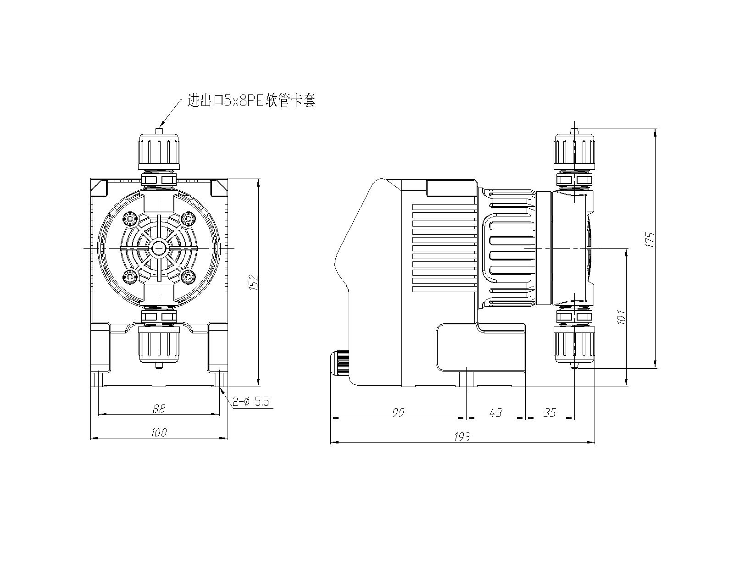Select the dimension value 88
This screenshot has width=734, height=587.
159,409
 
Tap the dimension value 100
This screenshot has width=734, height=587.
159,432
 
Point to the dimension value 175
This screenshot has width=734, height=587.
650,240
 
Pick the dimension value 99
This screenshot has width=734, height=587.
398,413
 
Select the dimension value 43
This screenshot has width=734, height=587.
495,413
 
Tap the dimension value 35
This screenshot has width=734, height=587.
550,413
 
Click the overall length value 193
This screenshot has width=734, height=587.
462,437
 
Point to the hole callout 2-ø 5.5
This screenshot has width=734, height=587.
250,402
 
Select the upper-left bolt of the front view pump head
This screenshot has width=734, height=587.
130,219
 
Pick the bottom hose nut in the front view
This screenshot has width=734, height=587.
159,344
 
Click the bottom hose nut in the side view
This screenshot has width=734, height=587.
574,344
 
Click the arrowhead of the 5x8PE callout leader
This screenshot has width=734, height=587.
161,125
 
